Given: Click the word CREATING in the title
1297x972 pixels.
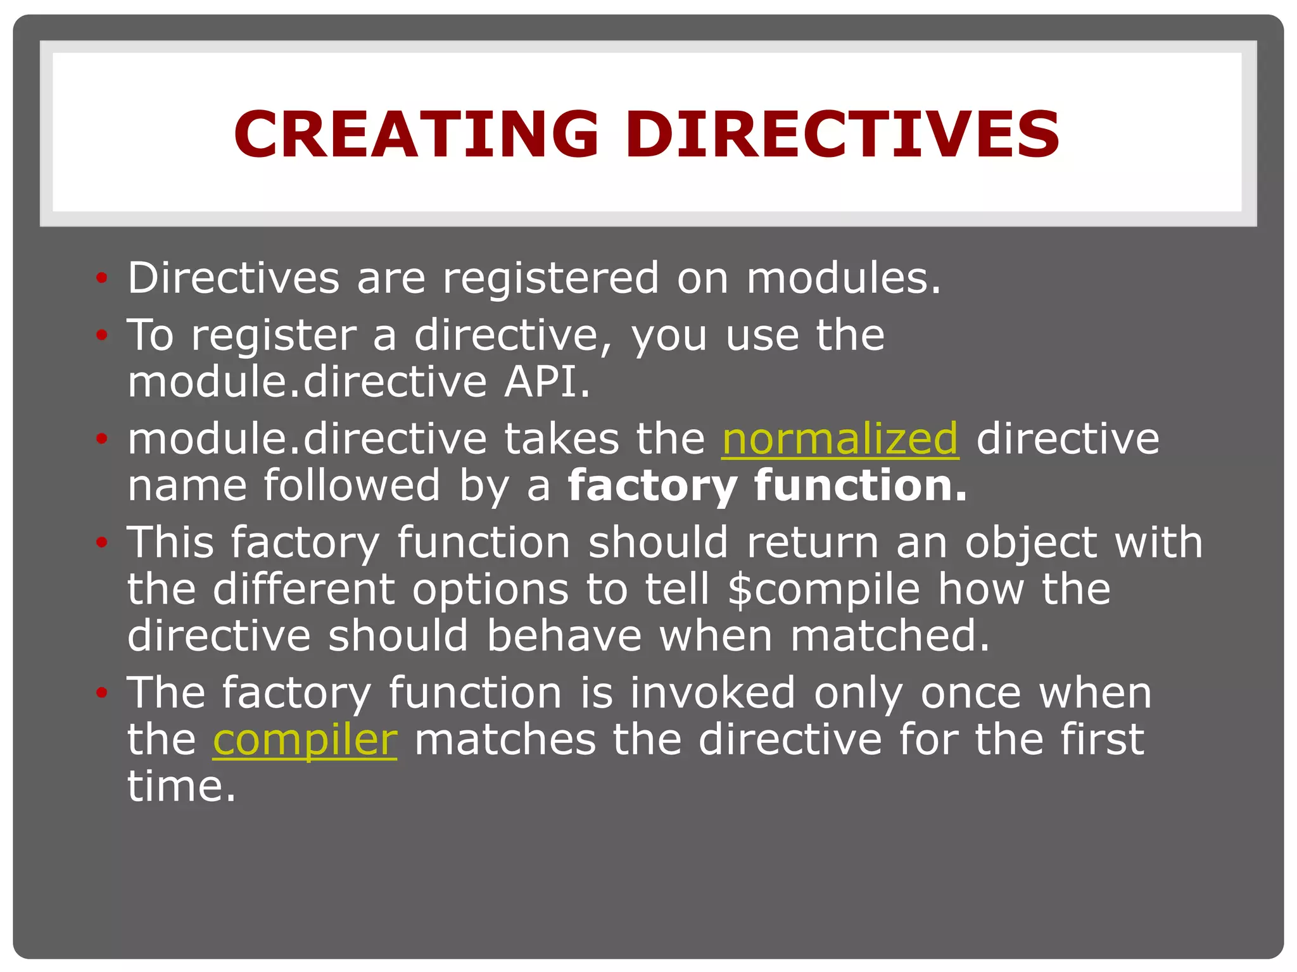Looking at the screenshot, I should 415,134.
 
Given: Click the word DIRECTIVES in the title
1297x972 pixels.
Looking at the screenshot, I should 842,134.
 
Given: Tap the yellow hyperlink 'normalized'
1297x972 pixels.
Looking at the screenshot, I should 840,439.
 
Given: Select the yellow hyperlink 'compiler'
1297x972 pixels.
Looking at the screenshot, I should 305,739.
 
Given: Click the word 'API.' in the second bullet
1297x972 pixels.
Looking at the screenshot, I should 547,382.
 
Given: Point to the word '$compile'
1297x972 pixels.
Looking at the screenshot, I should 823,589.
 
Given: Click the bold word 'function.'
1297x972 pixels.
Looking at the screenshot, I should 861,485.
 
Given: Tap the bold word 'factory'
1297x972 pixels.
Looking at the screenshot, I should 652,487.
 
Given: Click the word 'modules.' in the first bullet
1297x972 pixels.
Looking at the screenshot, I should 844,278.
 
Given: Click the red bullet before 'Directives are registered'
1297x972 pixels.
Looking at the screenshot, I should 101,278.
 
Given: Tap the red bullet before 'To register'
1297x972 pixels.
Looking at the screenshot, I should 101,335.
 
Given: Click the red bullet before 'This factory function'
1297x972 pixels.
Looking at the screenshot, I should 101,542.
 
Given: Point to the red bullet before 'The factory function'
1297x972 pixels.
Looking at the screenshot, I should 101,693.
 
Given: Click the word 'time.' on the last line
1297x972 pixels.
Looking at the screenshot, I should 181,787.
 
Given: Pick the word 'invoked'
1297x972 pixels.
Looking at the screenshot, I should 712,693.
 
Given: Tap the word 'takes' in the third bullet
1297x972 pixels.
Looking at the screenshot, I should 561,439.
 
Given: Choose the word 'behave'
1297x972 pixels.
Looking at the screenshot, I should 564,635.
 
